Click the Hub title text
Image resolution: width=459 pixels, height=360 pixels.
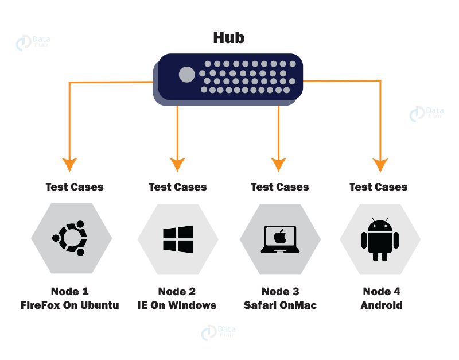(228, 38)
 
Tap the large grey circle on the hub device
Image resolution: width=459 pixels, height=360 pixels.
(186, 75)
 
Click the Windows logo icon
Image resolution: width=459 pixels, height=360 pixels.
(178, 238)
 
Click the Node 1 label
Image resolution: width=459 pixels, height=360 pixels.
(70, 292)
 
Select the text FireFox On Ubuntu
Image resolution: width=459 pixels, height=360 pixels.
(69, 305)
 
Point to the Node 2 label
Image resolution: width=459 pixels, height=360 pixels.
(177, 292)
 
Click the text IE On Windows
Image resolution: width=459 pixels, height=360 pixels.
(177, 305)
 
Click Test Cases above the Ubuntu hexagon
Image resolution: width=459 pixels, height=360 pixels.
(75, 187)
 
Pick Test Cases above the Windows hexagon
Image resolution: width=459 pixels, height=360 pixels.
(177, 187)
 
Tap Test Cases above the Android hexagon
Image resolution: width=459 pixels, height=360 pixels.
(379, 187)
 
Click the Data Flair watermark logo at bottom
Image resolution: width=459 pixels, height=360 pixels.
(218, 332)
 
